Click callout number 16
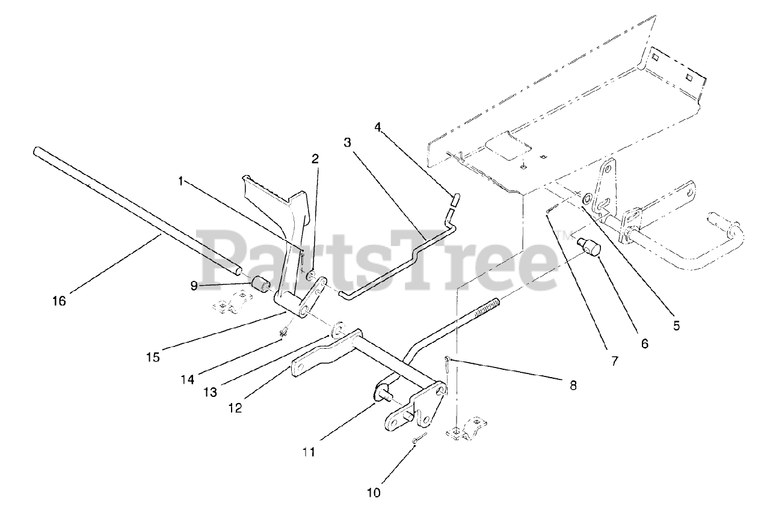(59, 301)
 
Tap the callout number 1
(180, 180)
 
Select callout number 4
(377, 127)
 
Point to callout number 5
(676, 326)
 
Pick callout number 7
(615, 361)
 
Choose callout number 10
(374, 493)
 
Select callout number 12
(235, 407)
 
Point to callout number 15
(153, 357)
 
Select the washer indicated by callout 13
(336, 329)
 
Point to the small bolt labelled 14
(283, 331)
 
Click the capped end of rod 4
(455, 199)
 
